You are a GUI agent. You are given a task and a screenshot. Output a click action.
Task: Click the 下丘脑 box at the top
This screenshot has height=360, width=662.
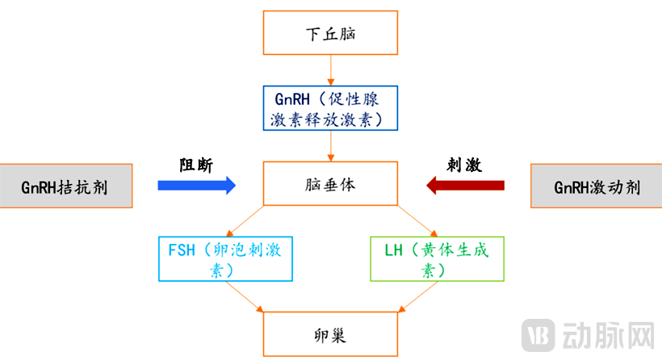331,34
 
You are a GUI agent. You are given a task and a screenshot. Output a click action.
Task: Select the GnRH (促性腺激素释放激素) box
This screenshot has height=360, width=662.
331,108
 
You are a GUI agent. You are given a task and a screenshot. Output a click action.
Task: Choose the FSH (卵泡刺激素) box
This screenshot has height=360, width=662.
227,258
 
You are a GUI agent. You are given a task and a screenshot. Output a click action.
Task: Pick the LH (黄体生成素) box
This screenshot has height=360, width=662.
437,258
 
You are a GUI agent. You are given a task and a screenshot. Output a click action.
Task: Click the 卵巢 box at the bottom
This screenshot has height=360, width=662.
331,333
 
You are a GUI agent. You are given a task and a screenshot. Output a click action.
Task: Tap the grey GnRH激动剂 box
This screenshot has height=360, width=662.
597,186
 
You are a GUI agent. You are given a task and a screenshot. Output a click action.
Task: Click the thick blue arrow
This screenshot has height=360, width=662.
196,186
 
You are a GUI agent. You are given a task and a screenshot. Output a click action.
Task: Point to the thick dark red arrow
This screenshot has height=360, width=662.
465,186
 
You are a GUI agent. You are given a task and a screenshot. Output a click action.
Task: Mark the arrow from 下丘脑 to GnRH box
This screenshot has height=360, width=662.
331,70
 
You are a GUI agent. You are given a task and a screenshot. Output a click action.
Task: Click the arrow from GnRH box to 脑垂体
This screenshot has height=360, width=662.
331,146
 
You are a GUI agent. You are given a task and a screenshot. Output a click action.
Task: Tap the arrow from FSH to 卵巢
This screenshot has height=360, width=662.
245,296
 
